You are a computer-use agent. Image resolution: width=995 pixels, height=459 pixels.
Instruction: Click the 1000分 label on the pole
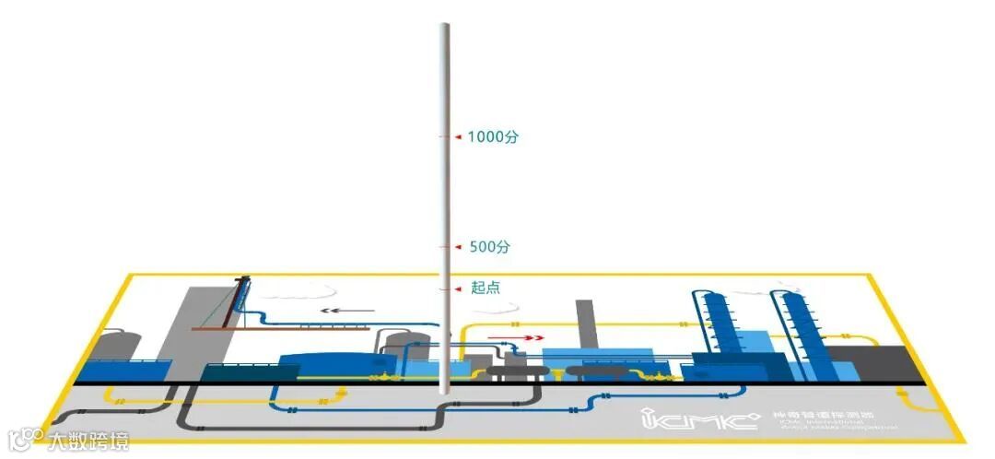[x=493, y=137]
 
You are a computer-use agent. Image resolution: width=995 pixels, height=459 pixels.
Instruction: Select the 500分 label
[x=489, y=247]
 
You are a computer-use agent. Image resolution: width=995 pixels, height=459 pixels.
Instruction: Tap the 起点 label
[x=485, y=288]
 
